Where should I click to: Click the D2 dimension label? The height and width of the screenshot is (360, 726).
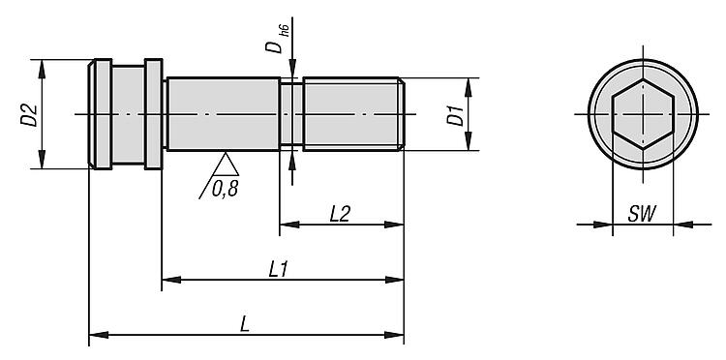click(x=29, y=115)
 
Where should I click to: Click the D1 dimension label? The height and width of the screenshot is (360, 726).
click(x=455, y=116)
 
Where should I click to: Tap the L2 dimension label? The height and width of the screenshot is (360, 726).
click(x=340, y=214)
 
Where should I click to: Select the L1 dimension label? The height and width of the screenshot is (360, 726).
click(x=279, y=269)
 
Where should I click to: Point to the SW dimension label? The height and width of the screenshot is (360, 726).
click(x=642, y=214)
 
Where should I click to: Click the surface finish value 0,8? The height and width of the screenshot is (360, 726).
click(x=225, y=189)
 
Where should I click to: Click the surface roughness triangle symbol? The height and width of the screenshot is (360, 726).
click(x=226, y=164)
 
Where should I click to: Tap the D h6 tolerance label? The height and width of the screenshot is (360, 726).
click(x=277, y=39)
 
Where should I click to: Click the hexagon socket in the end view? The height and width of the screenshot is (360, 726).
click(x=643, y=114)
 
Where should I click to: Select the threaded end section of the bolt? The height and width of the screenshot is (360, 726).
click(x=353, y=114)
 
